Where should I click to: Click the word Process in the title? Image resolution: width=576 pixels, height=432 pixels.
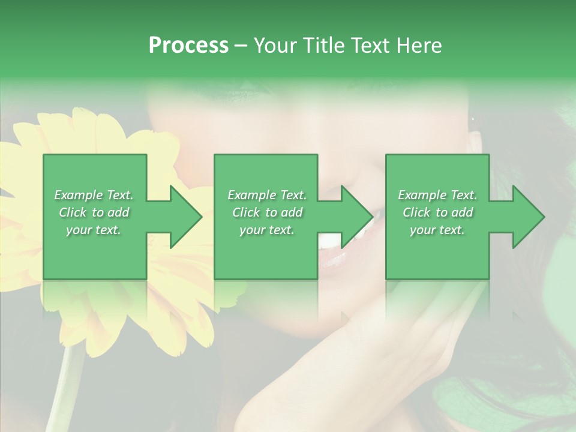point(188,46)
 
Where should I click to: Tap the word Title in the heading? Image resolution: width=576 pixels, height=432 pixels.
point(325,46)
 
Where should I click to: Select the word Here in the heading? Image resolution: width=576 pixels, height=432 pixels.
point(418,46)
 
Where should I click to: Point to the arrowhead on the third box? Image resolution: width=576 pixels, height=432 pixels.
point(527,217)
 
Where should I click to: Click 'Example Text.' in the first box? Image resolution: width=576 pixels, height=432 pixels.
point(94,195)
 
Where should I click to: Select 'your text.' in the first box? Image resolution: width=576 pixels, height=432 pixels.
point(94,230)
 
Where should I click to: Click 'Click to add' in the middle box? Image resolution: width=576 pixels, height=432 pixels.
point(267,212)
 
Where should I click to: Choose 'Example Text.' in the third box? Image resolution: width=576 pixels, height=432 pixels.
point(437,195)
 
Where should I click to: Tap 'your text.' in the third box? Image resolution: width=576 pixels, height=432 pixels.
point(437,230)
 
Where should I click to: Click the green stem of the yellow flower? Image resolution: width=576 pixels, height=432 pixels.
point(67,384)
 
